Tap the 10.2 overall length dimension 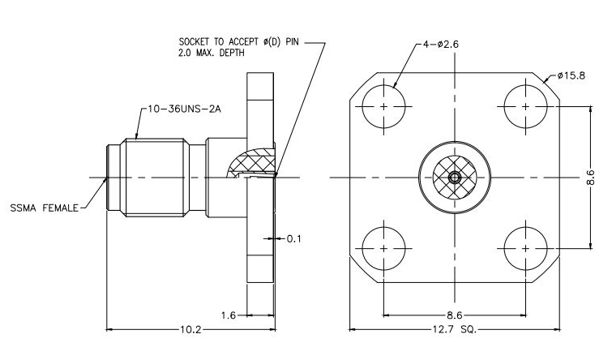click(191, 330)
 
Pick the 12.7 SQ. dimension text click(455, 330)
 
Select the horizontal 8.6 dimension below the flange click(455, 315)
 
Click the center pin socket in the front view click(455, 177)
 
